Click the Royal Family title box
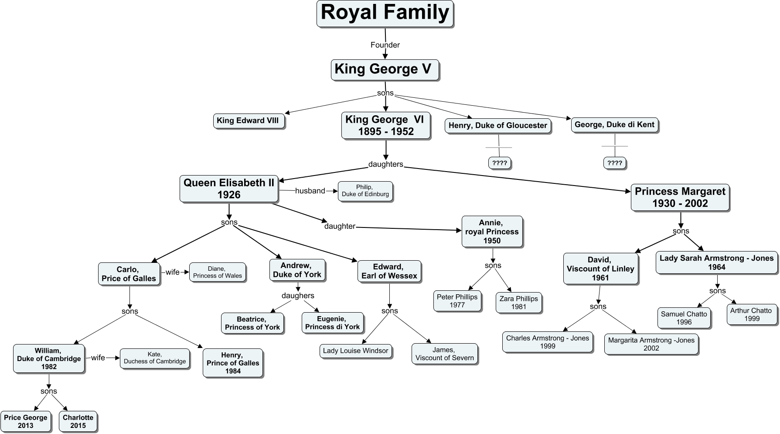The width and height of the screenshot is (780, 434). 385,14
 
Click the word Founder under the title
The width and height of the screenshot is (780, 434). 385,45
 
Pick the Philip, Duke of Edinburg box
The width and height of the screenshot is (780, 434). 365,191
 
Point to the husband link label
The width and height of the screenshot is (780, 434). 310,191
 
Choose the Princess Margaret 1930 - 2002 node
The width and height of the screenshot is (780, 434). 680,197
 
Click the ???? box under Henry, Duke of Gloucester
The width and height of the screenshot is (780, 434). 499,163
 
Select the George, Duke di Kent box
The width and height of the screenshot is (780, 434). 614,125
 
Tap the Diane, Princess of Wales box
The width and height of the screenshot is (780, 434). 217,272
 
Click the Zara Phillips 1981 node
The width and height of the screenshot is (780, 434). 518,303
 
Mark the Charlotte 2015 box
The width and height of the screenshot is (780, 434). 78,421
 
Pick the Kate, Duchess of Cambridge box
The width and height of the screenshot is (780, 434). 155,358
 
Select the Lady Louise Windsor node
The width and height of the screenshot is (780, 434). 355,351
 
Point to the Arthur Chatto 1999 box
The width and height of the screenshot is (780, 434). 751,314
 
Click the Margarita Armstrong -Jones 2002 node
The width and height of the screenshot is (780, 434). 651,344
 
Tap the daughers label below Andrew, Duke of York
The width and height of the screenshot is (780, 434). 298,296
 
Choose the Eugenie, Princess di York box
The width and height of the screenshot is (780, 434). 332,323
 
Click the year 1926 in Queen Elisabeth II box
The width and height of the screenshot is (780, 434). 229,195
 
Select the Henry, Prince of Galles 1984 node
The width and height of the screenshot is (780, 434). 233,363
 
